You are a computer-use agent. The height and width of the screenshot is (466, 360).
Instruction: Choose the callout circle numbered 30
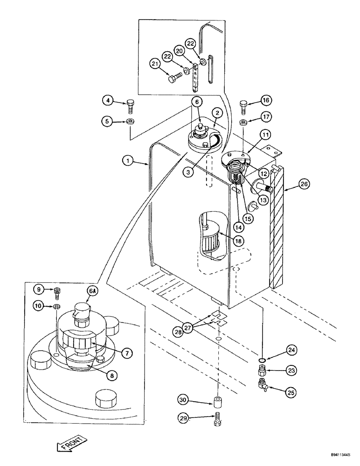(184, 399)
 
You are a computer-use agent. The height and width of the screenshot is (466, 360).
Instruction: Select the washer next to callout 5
(130, 122)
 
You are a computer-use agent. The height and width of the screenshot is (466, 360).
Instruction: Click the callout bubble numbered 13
(264, 200)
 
